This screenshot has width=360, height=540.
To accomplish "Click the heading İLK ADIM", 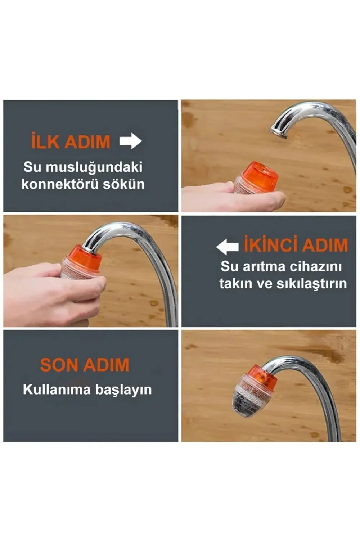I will coord(71,141).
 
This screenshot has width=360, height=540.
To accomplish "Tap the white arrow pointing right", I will coord(131,141).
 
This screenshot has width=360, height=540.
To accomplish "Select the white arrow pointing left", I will coord(227,247).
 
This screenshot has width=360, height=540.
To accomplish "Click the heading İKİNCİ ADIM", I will coord(296,245).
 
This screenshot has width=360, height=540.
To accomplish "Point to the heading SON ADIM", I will coord(85,365).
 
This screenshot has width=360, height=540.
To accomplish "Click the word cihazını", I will coord(316,266).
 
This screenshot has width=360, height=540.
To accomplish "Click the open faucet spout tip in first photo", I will coord(278,132).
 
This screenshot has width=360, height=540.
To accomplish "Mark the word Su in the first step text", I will coord(32,167).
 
